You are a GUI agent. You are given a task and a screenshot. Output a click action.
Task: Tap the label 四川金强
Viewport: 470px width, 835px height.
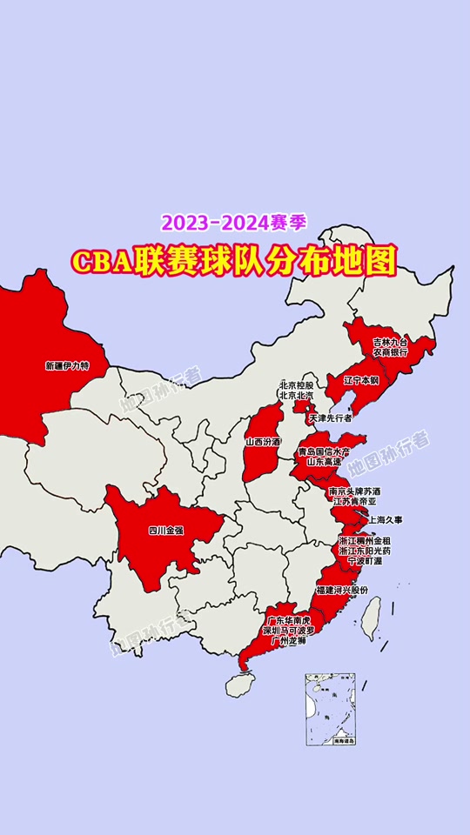tap(165, 529)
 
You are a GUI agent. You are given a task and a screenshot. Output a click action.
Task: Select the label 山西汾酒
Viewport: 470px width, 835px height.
tap(263, 442)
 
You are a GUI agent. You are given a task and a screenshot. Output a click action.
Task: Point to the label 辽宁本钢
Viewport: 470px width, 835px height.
tap(361, 380)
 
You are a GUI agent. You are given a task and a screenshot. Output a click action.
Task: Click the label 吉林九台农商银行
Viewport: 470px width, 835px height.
tap(391, 347)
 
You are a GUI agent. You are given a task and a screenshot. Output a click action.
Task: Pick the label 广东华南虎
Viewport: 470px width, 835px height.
tap(288, 621)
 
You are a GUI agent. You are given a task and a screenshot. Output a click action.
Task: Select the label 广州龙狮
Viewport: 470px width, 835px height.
tap(288, 641)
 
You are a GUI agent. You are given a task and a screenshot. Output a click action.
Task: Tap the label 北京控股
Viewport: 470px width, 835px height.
tap(296, 384)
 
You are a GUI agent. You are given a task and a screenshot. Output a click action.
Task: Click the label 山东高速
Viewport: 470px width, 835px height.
tap(324, 462)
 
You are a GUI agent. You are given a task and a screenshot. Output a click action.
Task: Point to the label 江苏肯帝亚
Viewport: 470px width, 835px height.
tap(352, 501)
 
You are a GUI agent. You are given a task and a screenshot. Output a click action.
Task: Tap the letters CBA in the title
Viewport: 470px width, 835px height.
tap(103, 260)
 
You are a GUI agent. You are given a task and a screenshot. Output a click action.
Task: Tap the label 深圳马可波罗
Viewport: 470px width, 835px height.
tap(288, 631)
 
